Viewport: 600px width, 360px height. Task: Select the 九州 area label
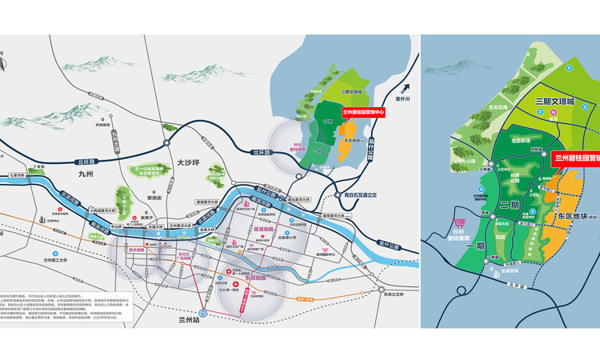(86, 173)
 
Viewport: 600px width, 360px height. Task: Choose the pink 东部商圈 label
(255, 278)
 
